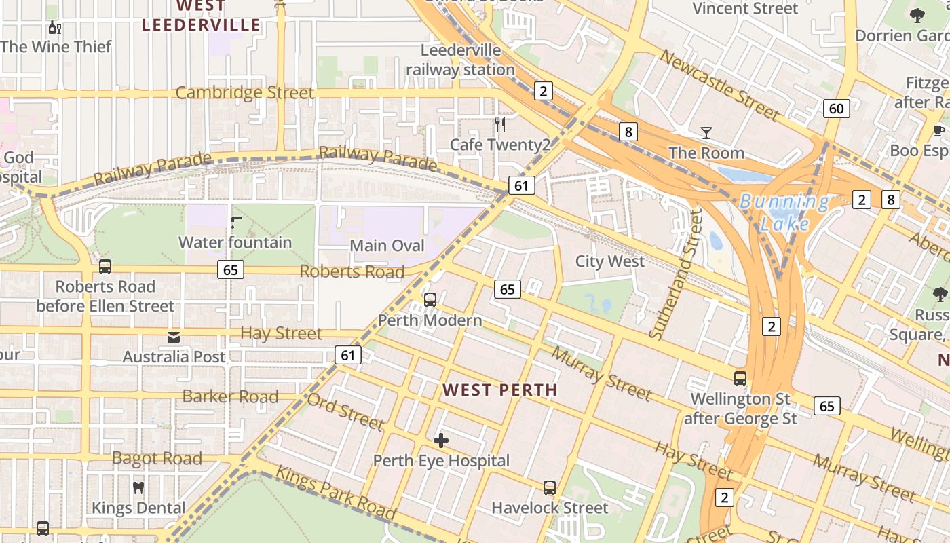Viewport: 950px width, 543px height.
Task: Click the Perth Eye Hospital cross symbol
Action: tap(441, 441)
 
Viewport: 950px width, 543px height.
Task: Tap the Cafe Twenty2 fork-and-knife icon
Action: tap(501, 124)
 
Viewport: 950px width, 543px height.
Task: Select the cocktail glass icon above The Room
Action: tap(706, 132)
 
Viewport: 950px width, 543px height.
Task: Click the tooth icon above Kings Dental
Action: tap(138, 487)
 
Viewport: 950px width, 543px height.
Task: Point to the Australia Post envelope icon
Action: tap(174, 337)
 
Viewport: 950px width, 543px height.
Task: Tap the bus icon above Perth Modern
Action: tap(430, 299)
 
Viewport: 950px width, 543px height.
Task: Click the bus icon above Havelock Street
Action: tap(550, 487)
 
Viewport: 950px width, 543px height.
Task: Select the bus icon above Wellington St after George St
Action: tap(740, 379)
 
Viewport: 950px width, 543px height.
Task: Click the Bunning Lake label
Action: tap(784, 212)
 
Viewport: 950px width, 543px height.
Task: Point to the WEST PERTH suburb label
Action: tap(499, 390)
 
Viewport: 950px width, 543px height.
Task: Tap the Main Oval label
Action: tap(387, 246)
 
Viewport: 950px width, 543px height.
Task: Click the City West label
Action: tap(610, 261)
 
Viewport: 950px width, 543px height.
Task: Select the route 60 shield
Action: tap(837, 109)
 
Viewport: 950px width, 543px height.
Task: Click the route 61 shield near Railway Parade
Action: tap(520, 185)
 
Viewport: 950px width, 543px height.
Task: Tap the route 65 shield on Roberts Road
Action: tap(230, 270)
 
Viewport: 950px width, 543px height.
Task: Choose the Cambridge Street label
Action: tap(244, 93)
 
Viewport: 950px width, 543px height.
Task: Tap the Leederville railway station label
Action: tap(460, 60)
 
